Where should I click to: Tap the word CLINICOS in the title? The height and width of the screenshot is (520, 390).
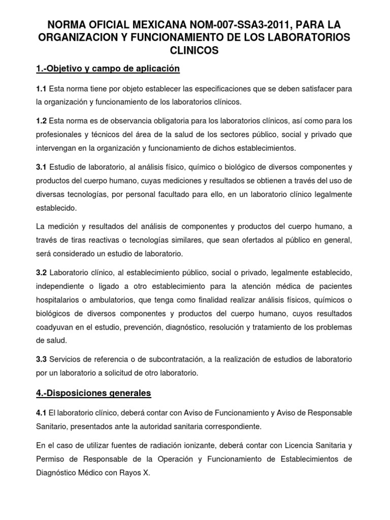pyautogui.click(x=194, y=50)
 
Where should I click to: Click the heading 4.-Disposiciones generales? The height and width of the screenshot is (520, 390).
pyautogui.click(x=93, y=393)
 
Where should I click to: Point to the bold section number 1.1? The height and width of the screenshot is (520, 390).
pyautogui.click(x=41, y=89)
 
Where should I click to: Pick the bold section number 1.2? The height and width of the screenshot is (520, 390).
pyautogui.click(x=41, y=122)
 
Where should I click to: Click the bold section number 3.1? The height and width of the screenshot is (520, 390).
pyautogui.click(x=41, y=168)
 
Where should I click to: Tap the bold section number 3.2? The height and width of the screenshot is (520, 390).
pyautogui.click(x=41, y=273)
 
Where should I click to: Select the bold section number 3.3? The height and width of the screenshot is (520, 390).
pyautogui.click(x=41, y=359)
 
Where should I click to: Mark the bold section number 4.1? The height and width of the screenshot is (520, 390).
pyautogui.click(x=41, y=412)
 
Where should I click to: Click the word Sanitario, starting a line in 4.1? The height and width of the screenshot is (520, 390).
pyautogui.click(x=54, y=425)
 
